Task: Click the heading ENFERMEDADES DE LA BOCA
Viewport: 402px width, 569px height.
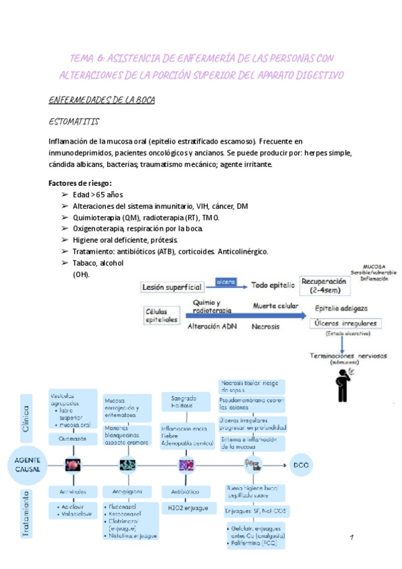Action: coord(102,101)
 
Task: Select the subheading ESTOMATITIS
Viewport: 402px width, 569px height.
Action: coord(74,121)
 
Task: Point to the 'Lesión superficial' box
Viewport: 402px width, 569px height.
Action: coord(172,287)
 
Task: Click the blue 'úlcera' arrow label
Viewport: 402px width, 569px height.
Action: coord(226,282)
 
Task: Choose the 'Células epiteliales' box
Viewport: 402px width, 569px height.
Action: coord(163,315)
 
